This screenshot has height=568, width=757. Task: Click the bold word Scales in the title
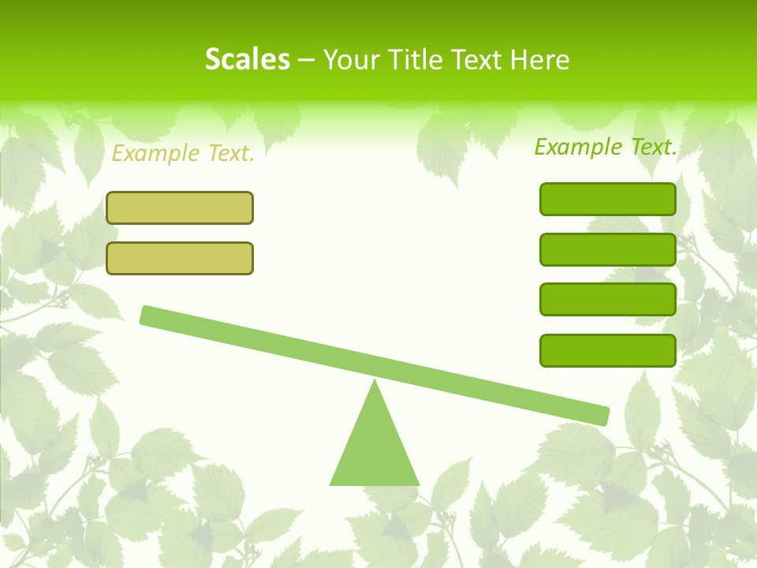(247, 59)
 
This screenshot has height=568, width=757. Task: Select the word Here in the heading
(540, 59)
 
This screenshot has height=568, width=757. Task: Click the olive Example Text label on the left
(183, 154)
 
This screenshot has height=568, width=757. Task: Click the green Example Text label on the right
(606, 147)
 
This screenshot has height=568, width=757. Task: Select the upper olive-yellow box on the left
(180, 207)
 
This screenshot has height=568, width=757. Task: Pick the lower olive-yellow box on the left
(180, 258)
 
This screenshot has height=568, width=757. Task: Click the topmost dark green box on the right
(608, 199)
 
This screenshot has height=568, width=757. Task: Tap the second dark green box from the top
(608, 249)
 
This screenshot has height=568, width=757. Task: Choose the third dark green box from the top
(608, 299)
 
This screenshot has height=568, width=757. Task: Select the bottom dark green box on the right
(608, 350)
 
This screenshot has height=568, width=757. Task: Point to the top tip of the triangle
(375, 382)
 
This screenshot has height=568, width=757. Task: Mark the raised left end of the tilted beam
(147, 315)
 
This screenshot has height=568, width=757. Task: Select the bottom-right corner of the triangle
(418, 484)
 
